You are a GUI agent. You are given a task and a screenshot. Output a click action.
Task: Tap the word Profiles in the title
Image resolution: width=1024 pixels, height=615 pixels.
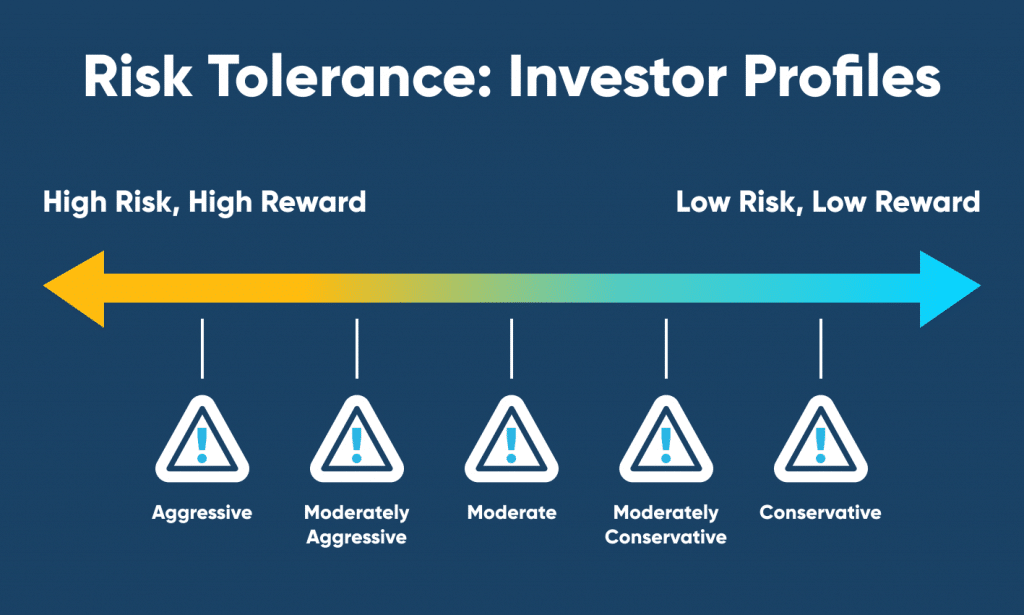pyautogui.click(x=842, y=77)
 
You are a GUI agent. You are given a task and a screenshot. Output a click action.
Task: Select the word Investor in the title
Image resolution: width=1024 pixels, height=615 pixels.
pyautogui.click(x=617, y=77)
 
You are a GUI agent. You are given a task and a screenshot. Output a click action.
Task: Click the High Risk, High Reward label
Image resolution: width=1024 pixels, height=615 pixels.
pyautogui.click(x=204, y=203)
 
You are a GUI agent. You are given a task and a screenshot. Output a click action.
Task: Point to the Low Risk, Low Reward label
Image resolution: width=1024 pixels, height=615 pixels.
pyautogui.click(x=828, y=202)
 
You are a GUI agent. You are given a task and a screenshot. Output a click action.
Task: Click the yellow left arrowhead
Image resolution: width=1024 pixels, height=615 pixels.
pyautogui.click(x=74, y=289)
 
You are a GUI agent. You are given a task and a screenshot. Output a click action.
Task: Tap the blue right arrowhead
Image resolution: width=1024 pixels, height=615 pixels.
pyautogui.click(x=950, y=289)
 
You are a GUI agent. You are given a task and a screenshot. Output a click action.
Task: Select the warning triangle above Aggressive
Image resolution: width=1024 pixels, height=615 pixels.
pyautogui.click(x=202, y=439)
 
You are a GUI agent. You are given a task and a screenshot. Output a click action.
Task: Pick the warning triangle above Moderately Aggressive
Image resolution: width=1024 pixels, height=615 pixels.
pyautogui.click(x=357, y=439)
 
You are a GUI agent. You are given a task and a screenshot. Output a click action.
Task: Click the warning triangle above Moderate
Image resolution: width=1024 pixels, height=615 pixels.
pyautogui.click(x=511, y=439)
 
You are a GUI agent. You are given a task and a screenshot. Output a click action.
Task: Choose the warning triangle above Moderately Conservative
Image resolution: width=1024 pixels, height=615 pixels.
pyautogui.click(x=666, y=439)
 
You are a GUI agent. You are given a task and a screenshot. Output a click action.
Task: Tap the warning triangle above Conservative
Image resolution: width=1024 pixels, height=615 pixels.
pyautogui.click(x=821, y=439)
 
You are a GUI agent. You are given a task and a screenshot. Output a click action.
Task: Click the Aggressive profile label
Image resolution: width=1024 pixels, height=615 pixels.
pyautogui.click(x=202, y=513)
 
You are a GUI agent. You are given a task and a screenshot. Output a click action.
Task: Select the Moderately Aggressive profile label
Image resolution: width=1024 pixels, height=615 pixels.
pyautogui.click(x=357, y=525)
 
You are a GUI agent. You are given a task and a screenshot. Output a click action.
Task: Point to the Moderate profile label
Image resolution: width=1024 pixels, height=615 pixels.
pyautogui.click(x=511, y=512)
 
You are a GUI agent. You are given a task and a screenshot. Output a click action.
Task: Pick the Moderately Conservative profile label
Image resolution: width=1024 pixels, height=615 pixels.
pyautogui.click(x=665, y=524)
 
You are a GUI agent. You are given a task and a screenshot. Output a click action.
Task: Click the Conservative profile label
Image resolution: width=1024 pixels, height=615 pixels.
pyautogui.click(x=820, y=512)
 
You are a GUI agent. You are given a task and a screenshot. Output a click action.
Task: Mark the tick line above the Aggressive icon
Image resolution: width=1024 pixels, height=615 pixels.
pyautogui.click(x=202, y=349)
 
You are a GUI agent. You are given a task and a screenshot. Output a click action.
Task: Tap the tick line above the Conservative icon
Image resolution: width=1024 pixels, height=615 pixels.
pyautogui.click(x=821, y=349)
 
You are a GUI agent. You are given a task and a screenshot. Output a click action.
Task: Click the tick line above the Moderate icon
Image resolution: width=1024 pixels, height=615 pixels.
pyautogui.click(x=511, y=349)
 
